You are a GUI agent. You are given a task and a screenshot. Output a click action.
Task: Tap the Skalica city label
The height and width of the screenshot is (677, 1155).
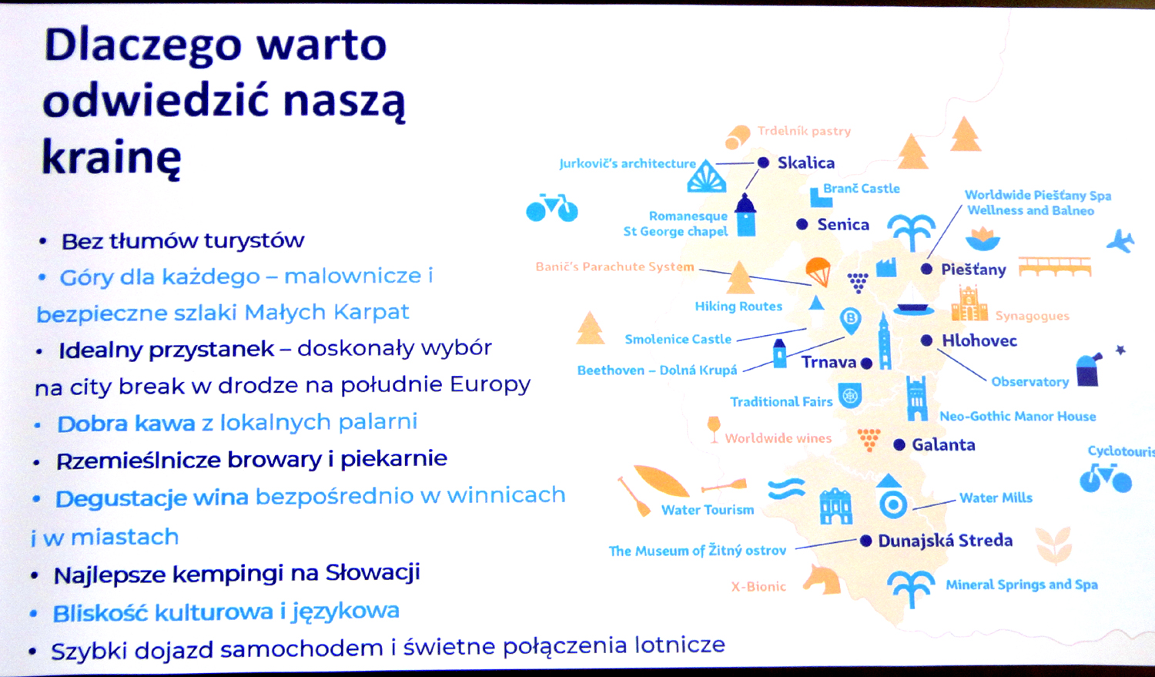tap(806, 163)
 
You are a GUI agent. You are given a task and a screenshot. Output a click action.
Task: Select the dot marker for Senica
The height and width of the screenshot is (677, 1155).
tap(802, 224)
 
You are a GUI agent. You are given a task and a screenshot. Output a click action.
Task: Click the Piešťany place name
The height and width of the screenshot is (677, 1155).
tap(973, 270)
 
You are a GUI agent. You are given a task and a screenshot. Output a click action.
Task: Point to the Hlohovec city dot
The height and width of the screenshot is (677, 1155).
tap(926, 340)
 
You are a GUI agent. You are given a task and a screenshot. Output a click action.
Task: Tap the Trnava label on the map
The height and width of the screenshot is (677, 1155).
tap(829, 363)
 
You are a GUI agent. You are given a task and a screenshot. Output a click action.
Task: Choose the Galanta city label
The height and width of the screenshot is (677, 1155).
tap(943, 444)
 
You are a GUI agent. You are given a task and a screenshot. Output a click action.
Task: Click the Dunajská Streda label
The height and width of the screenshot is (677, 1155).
tap(945, 541)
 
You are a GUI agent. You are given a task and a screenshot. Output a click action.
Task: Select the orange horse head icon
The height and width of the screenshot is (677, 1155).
tap(822, 579)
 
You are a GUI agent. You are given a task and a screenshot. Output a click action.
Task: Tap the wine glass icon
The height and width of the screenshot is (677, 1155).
tap(714, 429)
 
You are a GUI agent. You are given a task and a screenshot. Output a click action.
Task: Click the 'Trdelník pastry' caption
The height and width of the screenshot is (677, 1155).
tap(804, 131)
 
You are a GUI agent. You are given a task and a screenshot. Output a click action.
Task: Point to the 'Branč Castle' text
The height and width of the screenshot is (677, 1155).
tap(862, 189)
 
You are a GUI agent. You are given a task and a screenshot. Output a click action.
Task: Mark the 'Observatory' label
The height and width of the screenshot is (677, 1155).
tap(1029, 382)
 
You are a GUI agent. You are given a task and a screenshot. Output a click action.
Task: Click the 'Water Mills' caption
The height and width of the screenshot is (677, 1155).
tap(996, 498)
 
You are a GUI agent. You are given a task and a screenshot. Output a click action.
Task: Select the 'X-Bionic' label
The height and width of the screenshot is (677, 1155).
tap(758, 586)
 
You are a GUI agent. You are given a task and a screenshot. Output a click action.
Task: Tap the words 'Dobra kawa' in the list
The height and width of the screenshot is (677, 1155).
tap(126, 424)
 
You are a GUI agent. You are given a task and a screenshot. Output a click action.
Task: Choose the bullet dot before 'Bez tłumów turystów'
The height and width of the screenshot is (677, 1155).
tap(43, 241)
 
